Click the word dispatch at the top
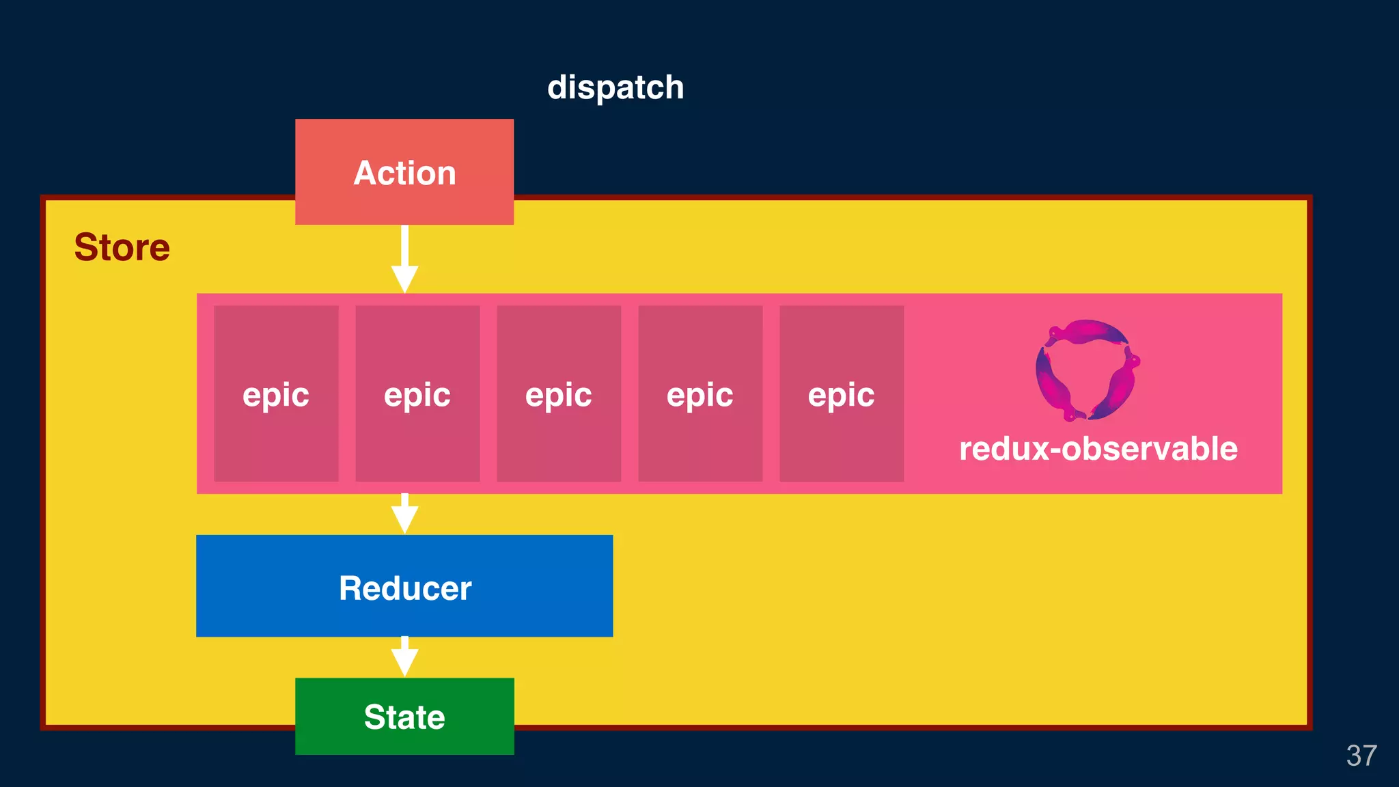tap(615, 87)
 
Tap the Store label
tap(122, 247)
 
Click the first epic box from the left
tap(276, 437)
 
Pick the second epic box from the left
tap(417, 437)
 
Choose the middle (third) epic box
tap(559, 437)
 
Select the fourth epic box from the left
tap(700, 437)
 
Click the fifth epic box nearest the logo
tap(842, 437)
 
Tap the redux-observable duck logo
tap(1088, 370)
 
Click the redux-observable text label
tap(1098, 449)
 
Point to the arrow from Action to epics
tap(404, 260)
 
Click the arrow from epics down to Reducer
tap(404, 514)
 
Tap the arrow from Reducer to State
tap(404, 657)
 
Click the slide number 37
tap(1361, 756)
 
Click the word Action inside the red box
tap(404, 173)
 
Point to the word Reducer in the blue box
tap(404, 588)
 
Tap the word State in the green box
tap(404, 717)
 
